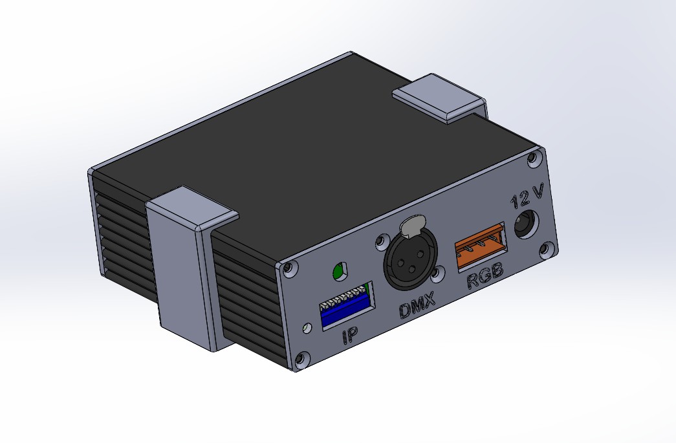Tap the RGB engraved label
click(485, 277)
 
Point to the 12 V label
click(527, 197)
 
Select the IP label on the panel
click(350, 335)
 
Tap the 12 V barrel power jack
click(527, 224)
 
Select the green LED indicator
click(340, 270)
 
